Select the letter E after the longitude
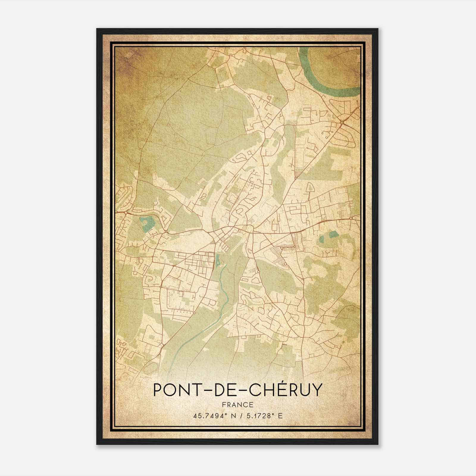pos(280,416)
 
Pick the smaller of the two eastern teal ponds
pos(322,238)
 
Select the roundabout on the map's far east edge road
pos(351,218)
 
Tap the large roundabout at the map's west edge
pos(126,213)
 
